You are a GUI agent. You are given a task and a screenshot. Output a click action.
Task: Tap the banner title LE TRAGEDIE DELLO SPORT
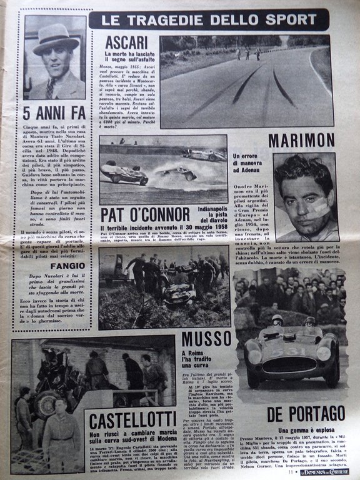(207, 21)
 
